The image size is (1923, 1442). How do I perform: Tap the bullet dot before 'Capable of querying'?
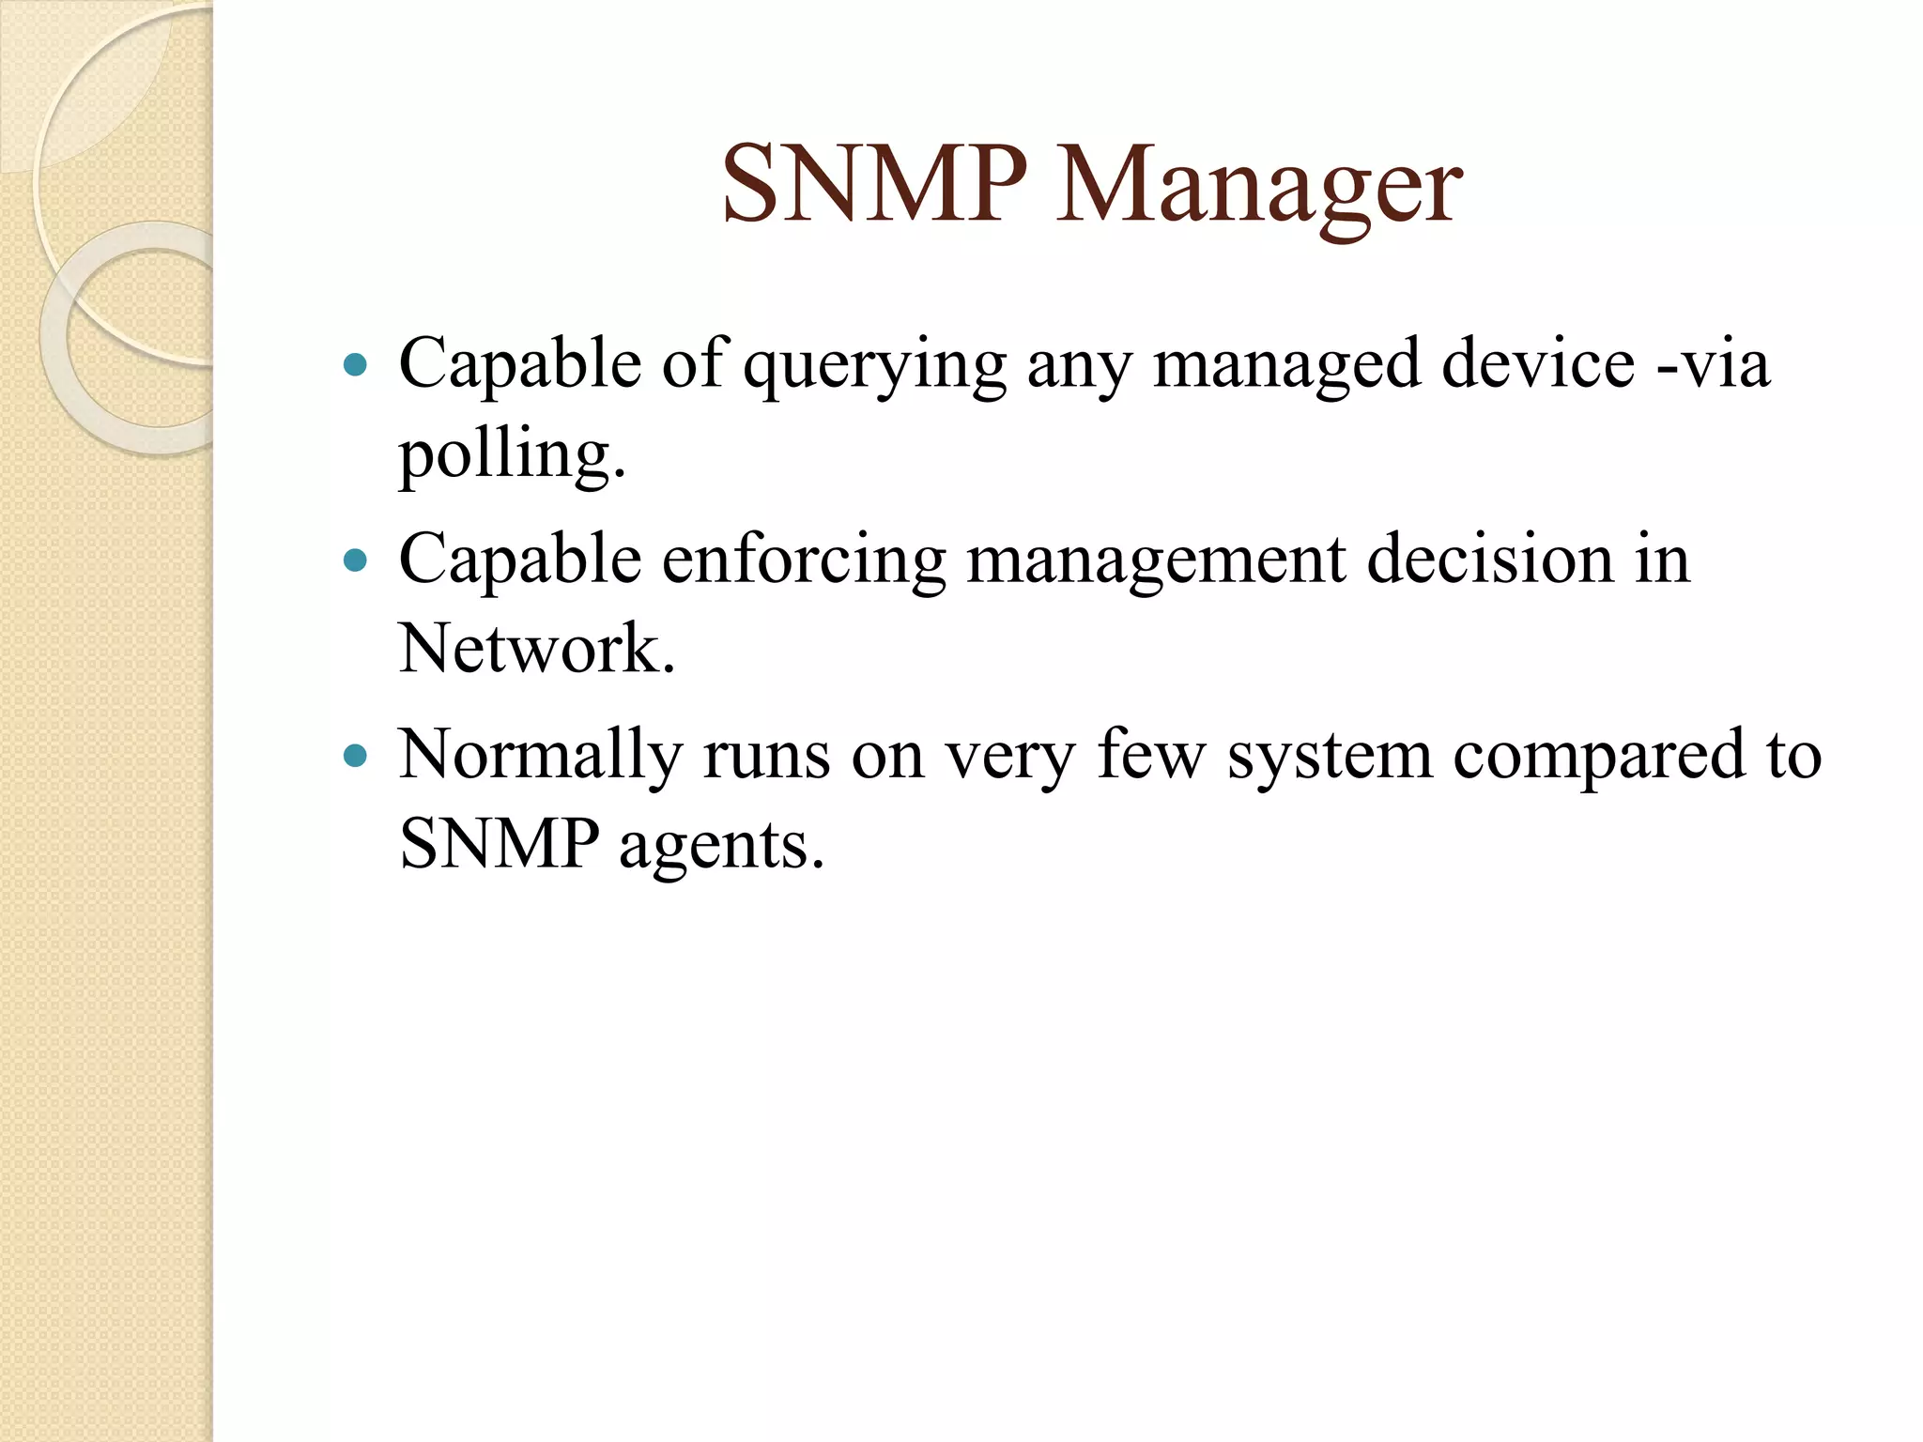pos(355,364)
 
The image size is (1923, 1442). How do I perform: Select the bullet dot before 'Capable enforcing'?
pos(355,560)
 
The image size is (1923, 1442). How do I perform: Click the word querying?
pos(874,366)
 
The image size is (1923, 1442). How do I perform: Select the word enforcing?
pos(804,560)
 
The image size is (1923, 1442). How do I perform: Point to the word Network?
pos(536,649)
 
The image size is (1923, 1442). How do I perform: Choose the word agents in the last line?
pos(720,845)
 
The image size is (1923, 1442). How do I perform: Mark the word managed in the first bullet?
pos(1286,366)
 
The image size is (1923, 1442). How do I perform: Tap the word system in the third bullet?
pos(1331,757)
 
